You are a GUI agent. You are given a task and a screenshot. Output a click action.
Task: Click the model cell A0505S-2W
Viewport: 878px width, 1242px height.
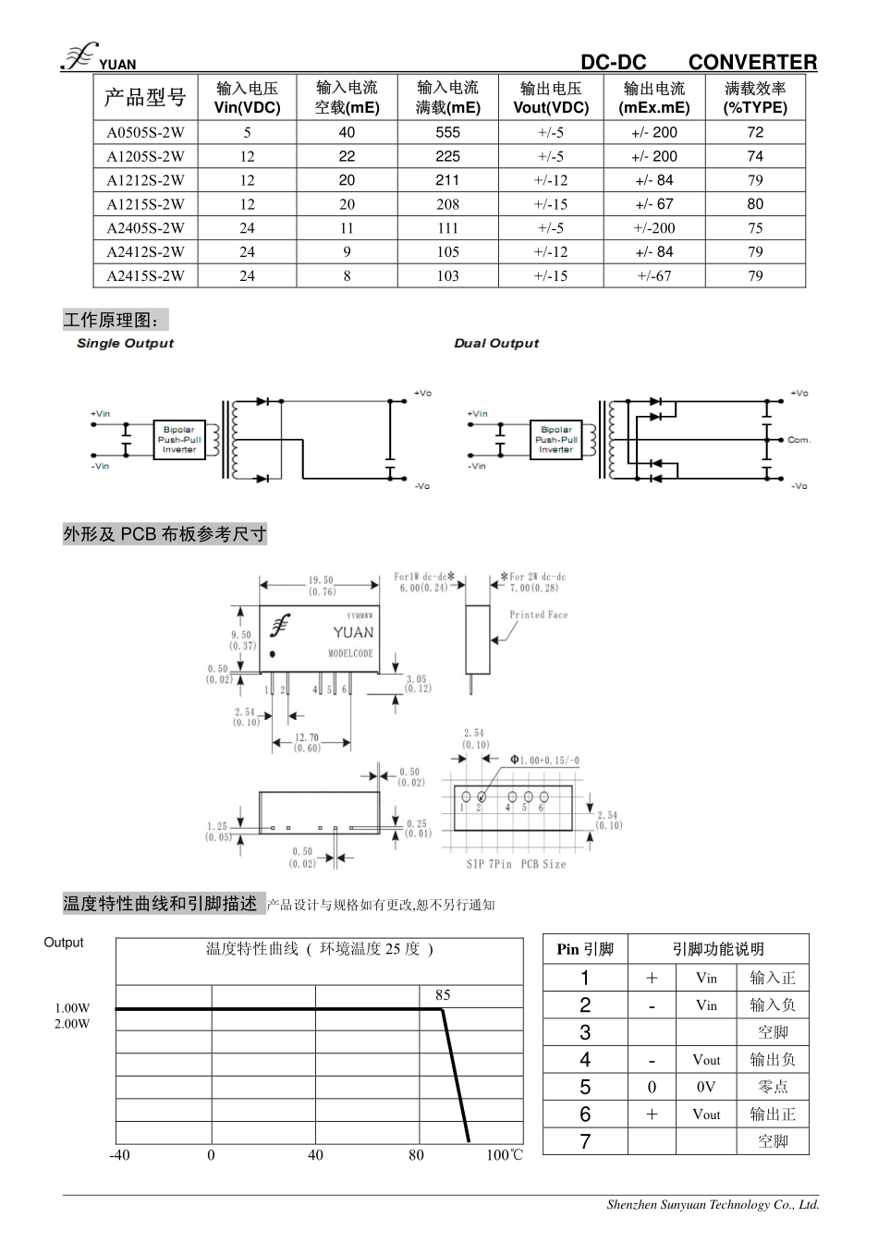(145, 132)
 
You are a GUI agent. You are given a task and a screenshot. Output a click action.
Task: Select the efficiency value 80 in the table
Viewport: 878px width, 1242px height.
(755, 204)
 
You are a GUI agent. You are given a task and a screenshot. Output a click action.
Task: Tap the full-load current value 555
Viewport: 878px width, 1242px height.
(448, 132)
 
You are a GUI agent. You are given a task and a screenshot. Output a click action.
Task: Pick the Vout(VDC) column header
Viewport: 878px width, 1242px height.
(551, 98)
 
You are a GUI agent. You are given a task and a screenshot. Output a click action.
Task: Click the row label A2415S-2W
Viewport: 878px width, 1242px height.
(145, 275)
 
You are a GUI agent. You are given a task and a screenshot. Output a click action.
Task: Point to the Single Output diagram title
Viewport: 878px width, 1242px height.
(125, 343)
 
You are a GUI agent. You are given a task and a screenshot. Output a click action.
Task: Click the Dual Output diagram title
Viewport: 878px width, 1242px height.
(496, 343)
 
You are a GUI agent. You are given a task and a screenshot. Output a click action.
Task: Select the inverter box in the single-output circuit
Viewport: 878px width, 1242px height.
(178, 440)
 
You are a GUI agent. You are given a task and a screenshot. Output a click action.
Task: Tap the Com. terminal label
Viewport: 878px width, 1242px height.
(799, 440)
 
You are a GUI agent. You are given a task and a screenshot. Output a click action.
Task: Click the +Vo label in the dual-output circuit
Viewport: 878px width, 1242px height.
(799, 394)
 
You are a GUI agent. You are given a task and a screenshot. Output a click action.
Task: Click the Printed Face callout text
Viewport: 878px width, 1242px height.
(538, 615)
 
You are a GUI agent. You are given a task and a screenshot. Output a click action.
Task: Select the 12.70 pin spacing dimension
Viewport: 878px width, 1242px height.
(308, 738)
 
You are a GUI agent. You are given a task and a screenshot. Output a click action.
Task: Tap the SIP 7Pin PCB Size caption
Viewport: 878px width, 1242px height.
(516, 864)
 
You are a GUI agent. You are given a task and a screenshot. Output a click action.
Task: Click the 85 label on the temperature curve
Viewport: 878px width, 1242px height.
(443, 995)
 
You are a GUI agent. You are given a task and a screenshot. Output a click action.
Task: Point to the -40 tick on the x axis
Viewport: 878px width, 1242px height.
(120, 1155)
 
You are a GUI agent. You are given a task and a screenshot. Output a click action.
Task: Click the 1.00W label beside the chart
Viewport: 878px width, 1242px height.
(72, 1008)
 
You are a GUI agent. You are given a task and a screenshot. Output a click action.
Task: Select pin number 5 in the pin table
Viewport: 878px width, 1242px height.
(585, 1087)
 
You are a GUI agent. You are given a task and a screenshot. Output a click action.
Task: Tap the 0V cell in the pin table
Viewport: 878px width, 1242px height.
(706, 1087)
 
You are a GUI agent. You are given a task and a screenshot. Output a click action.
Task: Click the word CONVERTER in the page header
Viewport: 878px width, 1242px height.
(752, 63)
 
